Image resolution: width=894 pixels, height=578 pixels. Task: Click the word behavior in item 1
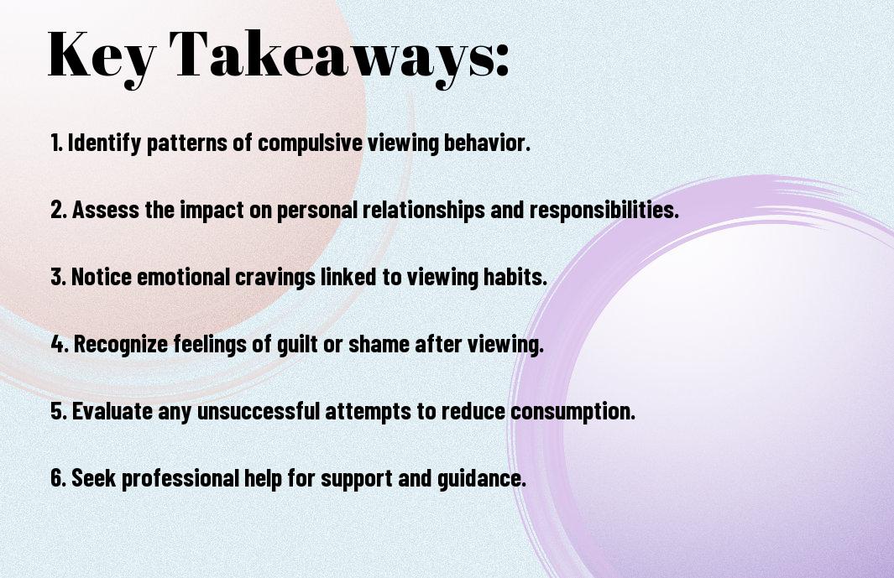click(487, 143)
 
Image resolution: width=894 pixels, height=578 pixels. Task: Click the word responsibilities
click(604, 210)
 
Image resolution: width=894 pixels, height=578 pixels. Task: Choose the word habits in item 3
click(515, 277)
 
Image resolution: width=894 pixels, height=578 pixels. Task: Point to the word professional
click(180, 478)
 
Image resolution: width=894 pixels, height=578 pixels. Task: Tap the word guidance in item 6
click(481, 478)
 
